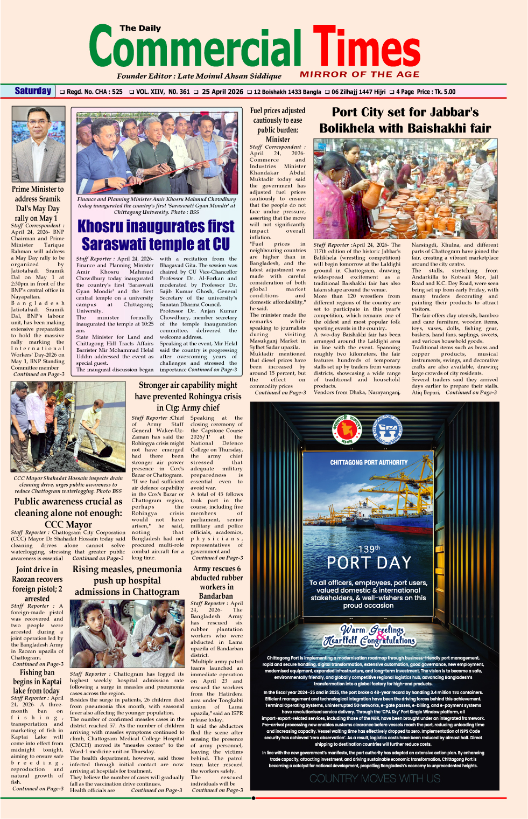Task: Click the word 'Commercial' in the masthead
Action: pos(195,48)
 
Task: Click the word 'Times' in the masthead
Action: pos(366,48)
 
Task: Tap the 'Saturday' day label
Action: pos(33,91)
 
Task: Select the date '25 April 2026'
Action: pos(222,92)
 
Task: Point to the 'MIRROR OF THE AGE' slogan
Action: pos(360,74)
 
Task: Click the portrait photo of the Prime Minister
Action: pos(38,144)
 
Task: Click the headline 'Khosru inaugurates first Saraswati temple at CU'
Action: pos(156,235)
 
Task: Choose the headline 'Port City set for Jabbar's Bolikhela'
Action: pos(405,120)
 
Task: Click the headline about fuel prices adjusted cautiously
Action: pos(278,124)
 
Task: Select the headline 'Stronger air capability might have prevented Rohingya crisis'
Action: pos(188,397)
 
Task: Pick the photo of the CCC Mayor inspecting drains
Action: pos(68,427)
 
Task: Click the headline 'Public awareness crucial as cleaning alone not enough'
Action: pos(68,512)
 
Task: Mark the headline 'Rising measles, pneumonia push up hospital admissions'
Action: pos(127,580)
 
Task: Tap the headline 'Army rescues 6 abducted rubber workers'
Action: pos(216,582)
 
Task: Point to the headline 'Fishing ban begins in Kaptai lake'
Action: pos(37,682)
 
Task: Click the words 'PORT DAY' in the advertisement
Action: pos(369,563)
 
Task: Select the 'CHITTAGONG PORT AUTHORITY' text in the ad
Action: pos(369,462)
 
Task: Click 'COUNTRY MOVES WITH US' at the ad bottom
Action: pos(375,779)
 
